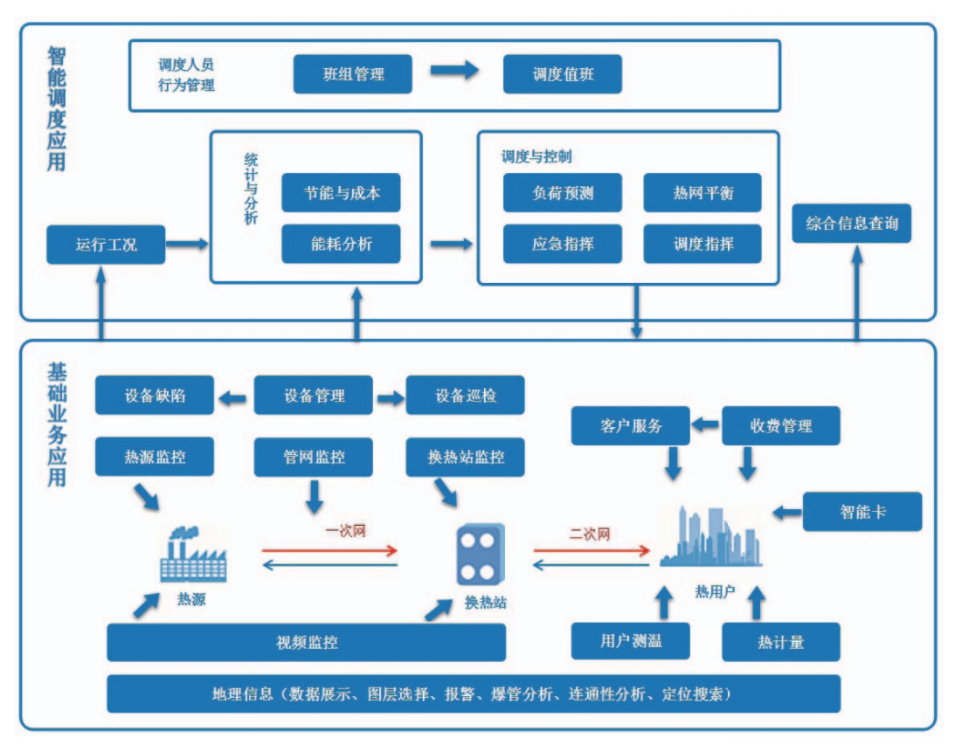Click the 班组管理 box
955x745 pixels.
click(352, 74)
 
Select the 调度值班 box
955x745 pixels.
click(562, 74)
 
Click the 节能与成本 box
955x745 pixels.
click(341, 193)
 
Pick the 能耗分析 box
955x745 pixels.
click(341, 244)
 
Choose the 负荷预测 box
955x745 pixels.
click(562, 193)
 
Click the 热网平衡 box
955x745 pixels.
click(702, 193)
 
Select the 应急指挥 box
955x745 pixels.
click(562, 244)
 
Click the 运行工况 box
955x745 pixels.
click(105, 245)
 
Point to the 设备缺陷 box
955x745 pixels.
click(154, 396)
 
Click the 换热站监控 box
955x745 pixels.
click(465, 457)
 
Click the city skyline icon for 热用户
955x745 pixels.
click(712, 537)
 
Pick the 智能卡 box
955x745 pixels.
click(862, 512)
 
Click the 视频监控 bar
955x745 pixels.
click(306, 643)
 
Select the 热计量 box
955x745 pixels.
click(780, 642)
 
